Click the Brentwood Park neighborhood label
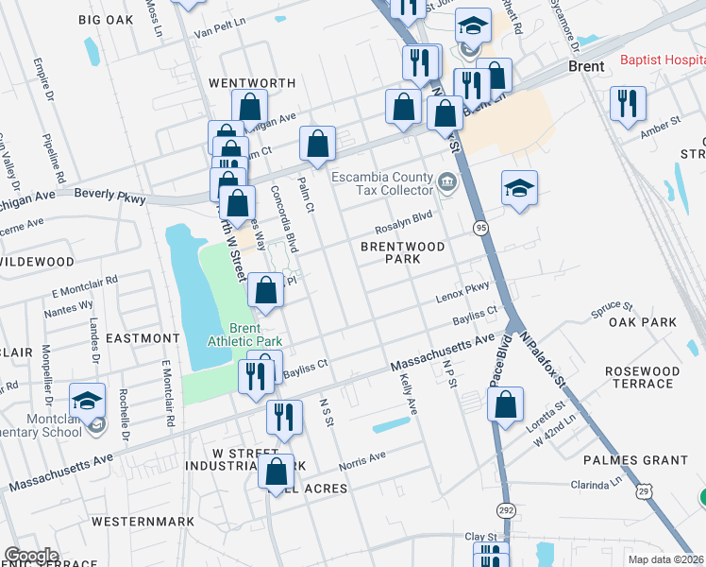[402, 252]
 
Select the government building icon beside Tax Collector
[447, 180]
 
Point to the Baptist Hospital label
[662, 60]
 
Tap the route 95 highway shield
[481, 229]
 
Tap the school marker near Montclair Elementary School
[87, 402]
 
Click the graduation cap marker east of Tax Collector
[519, 188]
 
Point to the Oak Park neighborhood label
[643, 322]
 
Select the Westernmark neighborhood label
[143, 522]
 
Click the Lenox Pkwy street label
[462, 296]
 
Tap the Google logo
[31, 556]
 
